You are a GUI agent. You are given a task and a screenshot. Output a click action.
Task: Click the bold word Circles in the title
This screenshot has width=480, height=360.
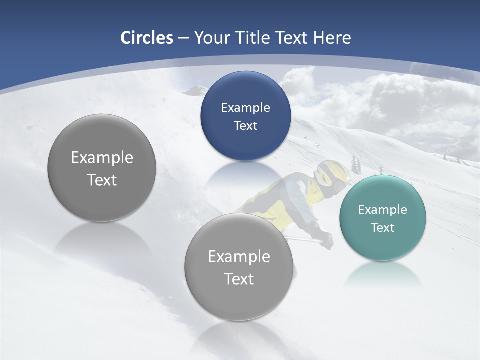pyautogui.click(x=147, y=38)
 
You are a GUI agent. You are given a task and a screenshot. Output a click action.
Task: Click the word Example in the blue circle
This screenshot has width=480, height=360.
pyautogui.click(x=245, y=107)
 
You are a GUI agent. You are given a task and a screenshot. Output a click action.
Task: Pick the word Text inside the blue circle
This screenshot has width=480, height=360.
pyautogui.click(x=245, y=125)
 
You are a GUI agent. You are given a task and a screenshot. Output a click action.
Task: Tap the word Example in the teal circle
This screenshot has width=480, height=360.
pyautogui.click(x=382, y=209)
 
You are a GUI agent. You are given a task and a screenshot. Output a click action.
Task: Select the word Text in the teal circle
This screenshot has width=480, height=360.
pyautogui.click(x=382, y=227)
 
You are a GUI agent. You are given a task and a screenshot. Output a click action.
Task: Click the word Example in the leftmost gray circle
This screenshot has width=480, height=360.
pyautogui.click(x=102, y=157)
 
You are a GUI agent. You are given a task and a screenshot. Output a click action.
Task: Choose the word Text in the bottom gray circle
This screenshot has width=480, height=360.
pyautogui.click(x=239, y=278)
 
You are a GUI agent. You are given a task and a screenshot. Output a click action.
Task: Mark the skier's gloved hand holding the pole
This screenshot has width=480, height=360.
pyautogui.click(x=326, y=241)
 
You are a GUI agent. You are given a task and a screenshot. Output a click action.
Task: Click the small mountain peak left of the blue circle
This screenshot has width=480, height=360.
pyautogui.click(x=196, y=90)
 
